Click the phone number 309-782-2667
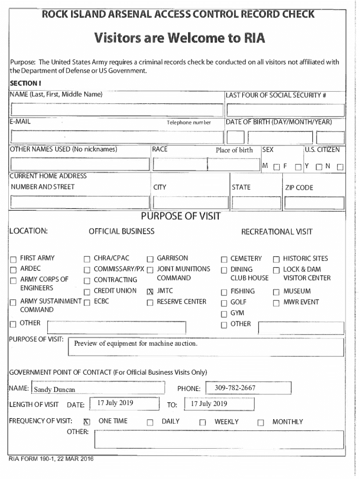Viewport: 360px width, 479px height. pyautogui.click(x=235, y=388)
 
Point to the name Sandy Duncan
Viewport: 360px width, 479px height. pyautogui.click(x=55, y=390)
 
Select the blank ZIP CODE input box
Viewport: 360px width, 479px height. pyautogui.click(x=314, y=203)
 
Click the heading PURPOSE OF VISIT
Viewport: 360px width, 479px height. pyautogui.click(x=180, y=217)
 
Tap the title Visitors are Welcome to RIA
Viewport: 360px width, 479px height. pyautogui.click(x=180, y=37)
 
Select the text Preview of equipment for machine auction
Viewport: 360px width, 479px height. pyautogui.click(x=136, y=344)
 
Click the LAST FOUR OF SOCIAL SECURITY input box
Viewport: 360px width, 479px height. pyautogui.click(x=284, y=110)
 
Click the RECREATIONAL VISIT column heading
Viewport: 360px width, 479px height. pyautogui.click(x=277, y=232)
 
